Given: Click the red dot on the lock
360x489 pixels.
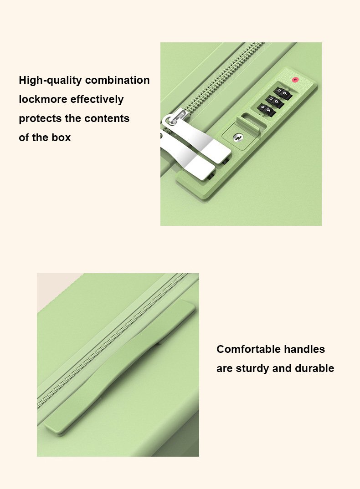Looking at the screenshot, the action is [x=295, y=80].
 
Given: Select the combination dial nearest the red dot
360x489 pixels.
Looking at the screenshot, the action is [x=283, y=93].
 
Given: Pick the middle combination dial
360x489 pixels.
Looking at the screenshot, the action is [x=275, y=102].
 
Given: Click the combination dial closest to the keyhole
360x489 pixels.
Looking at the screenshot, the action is [x=266, y=110].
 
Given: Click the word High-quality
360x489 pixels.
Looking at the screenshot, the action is [x=50, y=81].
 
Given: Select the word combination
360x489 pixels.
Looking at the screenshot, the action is [x=118, y=80].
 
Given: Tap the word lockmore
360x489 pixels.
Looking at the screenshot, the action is [x=43, y=99].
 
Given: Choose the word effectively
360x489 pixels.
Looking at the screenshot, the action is [x=97, y=99].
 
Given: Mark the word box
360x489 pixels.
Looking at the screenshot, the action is [x=61, y=138].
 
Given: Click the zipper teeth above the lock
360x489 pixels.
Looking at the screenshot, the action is [x=225, y=75].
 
